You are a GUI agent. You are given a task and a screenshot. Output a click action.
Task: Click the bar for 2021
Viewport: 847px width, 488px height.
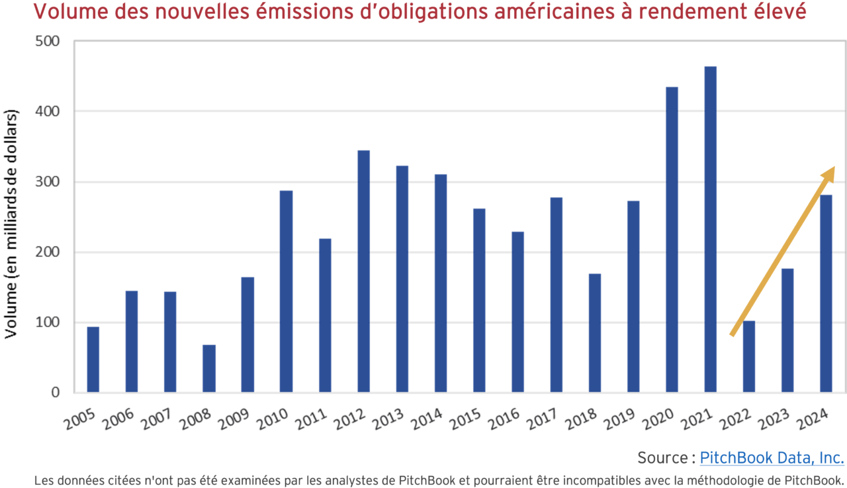[x=710, y=229]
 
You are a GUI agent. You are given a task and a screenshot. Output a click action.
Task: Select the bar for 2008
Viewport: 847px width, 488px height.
[x=208, y=369]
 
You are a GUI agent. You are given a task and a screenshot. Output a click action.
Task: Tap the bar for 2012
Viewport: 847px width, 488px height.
[x=363, y=271]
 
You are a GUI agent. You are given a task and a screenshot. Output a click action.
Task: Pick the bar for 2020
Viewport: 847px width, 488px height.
[x=672, y=240]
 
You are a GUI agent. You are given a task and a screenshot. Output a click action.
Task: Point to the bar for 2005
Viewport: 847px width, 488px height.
[x=93, y=360]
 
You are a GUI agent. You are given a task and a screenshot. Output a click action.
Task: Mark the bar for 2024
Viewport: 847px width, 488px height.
[x=826, y=293]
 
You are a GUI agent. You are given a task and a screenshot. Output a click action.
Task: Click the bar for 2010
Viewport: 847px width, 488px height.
[x=286, y=291]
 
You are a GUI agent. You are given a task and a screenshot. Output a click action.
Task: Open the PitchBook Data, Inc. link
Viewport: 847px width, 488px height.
[x=772, y=458]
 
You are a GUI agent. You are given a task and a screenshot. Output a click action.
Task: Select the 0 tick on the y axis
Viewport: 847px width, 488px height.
[x=54, y=393]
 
